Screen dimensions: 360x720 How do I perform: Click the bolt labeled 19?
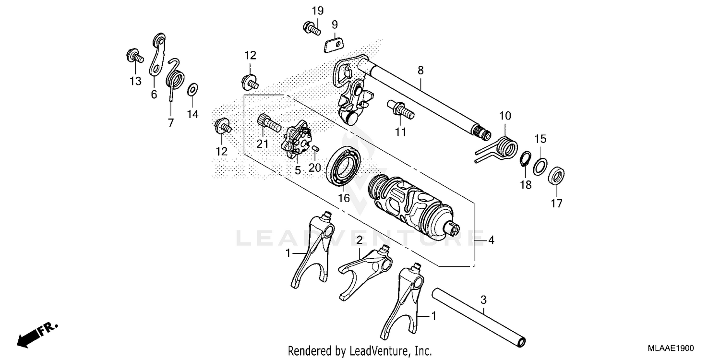point(312,28)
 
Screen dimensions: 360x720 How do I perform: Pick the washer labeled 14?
point(192,89)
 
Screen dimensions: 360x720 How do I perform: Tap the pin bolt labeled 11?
point(400,108)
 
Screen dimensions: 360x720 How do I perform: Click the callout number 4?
point(491,240)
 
